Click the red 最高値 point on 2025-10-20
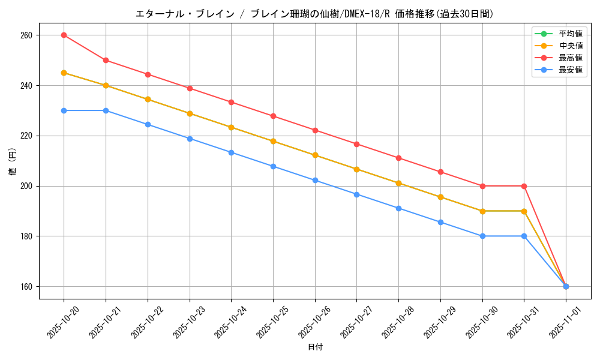(x=64, y=35)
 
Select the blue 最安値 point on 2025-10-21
(x=106, y=110)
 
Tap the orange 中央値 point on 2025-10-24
(x=231, y=127)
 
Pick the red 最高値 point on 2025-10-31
(x=524, y=186)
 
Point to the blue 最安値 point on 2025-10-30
(x=482, y=236)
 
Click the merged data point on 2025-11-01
(x=566, y=286)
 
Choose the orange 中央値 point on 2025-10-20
(x=64, y=73)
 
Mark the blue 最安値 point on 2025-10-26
(x=315, y=180)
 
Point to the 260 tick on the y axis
(x=26, y=35)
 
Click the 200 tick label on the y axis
(x=26, y=186)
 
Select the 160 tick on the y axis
(x=26, y=286)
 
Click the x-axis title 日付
(x=315, y=347)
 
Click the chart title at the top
(x=314, y=14)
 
